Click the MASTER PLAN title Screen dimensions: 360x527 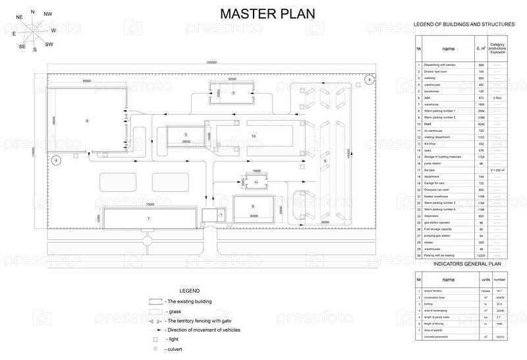[x=267, y=14]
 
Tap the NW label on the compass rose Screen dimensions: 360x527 [x=47, y=14]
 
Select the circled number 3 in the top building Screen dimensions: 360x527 [x=233, y=93]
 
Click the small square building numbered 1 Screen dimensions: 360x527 [x=221, y=214]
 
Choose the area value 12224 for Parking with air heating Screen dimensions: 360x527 [x=481, y=255]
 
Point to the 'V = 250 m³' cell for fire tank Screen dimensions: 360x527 [x=497, y=170]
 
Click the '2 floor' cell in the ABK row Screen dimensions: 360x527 [x=497, y=98]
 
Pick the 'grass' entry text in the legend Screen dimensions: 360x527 [x=175, y=311]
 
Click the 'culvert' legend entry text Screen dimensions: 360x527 [x=175, y=348]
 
